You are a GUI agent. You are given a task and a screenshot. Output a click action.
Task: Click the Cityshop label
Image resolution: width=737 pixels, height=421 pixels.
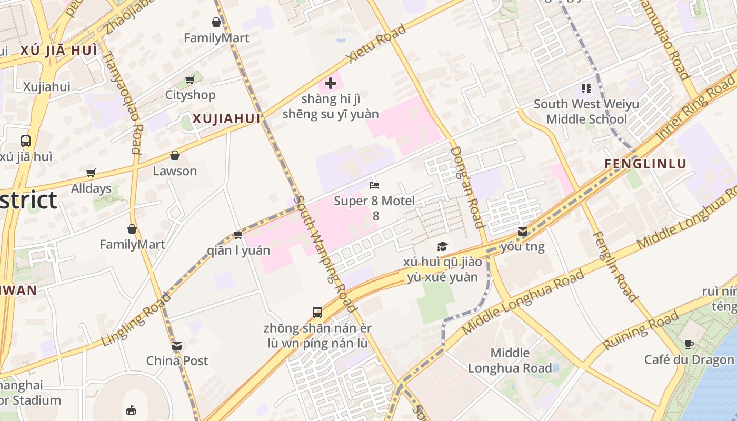[190, 95]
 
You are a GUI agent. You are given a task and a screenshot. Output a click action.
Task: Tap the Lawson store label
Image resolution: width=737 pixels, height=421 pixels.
[175, 171]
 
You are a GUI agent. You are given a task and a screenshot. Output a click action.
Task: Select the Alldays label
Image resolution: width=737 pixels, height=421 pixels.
[91, 188]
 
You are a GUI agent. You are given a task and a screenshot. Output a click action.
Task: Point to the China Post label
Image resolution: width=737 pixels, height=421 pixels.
[177, 361]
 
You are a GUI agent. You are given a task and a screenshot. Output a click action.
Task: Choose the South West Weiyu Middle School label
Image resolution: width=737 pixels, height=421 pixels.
[586, 112]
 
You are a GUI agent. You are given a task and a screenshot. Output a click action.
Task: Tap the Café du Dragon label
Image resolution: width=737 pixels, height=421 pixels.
[689, 360]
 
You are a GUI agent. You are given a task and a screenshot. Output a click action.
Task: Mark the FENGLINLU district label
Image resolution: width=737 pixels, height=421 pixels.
[645, 164]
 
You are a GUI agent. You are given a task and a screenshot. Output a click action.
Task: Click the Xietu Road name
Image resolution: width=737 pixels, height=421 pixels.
[377, 44]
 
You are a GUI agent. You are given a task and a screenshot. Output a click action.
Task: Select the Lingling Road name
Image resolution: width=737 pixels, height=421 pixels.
[136, 318]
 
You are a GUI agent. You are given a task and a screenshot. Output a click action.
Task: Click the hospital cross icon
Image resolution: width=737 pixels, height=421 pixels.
[331, 83]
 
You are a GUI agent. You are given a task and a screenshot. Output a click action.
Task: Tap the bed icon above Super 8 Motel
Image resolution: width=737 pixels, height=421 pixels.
[374, 185]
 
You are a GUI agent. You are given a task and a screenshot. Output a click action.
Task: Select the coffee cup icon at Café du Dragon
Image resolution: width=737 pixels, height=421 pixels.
[689, 345]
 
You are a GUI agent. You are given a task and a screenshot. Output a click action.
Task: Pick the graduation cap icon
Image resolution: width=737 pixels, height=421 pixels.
[442, 247]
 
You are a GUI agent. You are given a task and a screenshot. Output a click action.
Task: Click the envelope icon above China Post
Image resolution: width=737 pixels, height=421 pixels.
[177, 346]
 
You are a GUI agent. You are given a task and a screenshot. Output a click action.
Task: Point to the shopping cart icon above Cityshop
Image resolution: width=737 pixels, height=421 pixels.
[190, 80]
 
